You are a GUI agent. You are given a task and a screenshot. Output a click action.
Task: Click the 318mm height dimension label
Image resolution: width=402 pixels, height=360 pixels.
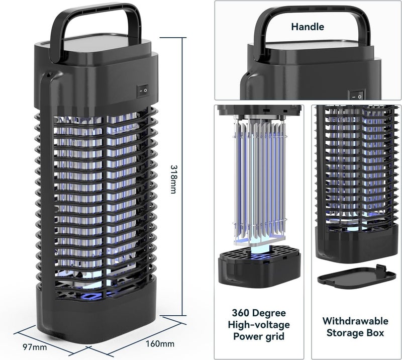click(x=173, y=179)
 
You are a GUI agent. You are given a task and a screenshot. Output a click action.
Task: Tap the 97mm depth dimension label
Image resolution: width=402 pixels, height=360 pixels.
click(x=35, y=347)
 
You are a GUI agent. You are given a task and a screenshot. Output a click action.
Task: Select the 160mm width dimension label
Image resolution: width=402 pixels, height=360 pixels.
click(x=160, y=343)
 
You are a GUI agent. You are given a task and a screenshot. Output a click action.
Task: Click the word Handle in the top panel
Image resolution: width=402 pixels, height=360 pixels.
click(x=308, y=27)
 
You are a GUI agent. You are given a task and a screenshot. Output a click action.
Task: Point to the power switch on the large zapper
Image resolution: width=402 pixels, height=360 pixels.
click(x=143, y=91)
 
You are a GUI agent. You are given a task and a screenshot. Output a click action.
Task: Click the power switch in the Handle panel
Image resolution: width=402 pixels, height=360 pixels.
click(x=357, y=95)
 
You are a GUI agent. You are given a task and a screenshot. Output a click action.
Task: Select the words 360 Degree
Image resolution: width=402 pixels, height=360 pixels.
click(x=259, y=313)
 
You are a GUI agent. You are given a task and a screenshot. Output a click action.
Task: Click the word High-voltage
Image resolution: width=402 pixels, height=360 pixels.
click(x=259, y=325)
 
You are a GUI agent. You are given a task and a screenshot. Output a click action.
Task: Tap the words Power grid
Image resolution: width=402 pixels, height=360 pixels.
click(x=259, y=336)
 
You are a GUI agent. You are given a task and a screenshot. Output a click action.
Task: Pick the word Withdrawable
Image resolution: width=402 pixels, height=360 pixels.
click(x=355, y=321)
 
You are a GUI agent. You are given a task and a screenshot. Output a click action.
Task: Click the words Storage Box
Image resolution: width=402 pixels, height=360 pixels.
click(x=355, y=333)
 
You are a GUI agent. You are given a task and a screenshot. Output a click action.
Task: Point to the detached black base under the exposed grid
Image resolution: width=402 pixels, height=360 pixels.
click(x=259, y=265)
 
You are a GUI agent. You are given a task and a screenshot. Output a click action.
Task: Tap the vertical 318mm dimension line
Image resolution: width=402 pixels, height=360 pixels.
click(x=182, y=176)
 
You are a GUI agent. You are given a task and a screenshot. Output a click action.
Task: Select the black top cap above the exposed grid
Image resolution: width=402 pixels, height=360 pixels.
click(x=259, y=110)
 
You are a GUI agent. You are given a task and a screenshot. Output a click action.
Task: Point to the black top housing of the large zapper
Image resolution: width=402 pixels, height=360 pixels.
click(x=96, y=74)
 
